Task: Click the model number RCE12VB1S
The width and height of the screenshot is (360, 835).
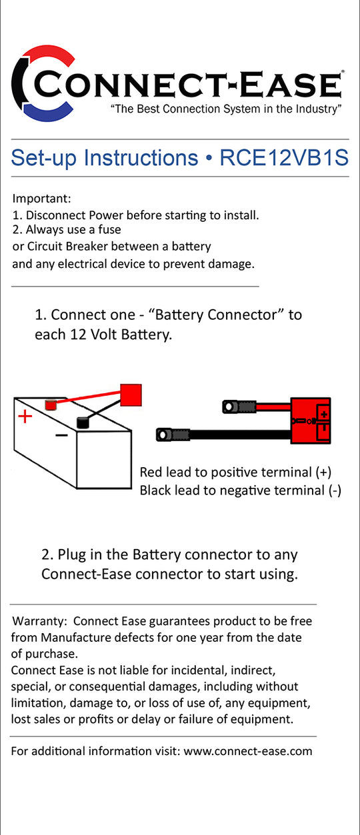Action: coord(284,158)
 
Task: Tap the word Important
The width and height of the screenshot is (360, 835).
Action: coord(41,199)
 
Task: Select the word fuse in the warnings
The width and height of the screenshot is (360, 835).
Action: coord(110,230)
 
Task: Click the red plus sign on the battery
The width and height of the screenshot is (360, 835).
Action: coord(25,417)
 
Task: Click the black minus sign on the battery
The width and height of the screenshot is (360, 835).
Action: coord(61,435)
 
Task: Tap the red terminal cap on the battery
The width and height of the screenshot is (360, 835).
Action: coord(51,405)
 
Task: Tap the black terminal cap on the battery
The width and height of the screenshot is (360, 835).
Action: coord(83,422)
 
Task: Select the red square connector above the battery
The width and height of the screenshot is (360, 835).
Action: coord(131,395)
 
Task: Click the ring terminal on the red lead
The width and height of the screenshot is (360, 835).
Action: coord(229,407)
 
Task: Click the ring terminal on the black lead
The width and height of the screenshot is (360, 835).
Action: coord(164,434)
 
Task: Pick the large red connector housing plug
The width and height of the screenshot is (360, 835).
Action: coord(311,420)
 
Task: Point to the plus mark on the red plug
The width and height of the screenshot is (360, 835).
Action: coord(324,414)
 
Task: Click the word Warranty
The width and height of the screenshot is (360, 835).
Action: coord(39,621)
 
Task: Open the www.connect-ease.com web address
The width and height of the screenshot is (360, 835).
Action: coord(248,751)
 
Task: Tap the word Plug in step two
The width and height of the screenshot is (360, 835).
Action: coord(71,555)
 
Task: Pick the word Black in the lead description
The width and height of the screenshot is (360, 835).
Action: coord(155,490)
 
